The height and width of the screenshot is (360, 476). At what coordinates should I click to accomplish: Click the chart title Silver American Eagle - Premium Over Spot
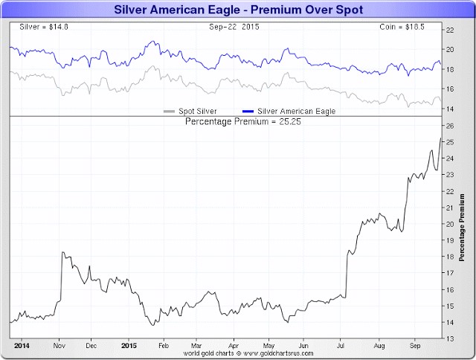(238, 10)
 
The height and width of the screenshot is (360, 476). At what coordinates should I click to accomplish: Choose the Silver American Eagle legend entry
(289, 111)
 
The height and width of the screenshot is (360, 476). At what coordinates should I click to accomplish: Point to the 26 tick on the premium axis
(449, 126)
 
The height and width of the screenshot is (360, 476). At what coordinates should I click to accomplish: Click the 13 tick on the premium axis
(449, 338)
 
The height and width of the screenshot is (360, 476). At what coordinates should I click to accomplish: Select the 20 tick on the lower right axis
(449, 224)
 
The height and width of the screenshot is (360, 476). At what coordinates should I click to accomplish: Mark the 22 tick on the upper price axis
(449, 30)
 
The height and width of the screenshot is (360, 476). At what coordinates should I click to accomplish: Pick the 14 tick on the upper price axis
(449, 109)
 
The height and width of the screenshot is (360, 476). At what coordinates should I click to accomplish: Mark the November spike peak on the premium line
(62, 253)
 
